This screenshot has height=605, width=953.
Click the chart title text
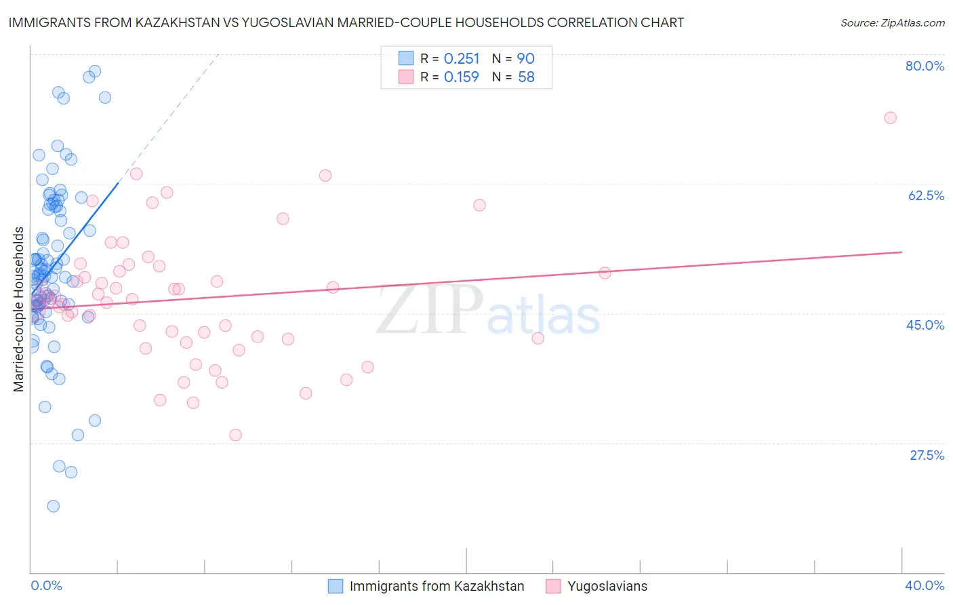pos(346,22)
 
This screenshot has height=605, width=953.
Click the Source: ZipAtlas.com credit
pos(892,22)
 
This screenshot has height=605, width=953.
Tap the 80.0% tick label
pos(925,66)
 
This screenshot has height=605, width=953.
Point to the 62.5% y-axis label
pos(926,195)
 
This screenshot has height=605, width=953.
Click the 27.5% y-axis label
pos(927,455)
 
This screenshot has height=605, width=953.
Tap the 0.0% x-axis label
pos(46,585)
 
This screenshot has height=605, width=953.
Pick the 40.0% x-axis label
pos(925,585)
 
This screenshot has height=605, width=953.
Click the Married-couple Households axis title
pos(19,309)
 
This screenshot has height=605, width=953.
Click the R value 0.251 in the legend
pos(462,59)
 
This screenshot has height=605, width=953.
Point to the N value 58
pos(526,77)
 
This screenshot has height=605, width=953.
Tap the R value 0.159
pos(462,77)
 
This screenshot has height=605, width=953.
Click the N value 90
pos(526,59)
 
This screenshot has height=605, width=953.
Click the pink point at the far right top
pos(890,118)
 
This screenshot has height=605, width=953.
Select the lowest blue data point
pos(53,506)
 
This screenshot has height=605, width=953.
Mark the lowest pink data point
pos(235,435)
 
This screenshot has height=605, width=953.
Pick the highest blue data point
pos(95,71)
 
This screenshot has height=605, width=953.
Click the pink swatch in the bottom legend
pos(553,586)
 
